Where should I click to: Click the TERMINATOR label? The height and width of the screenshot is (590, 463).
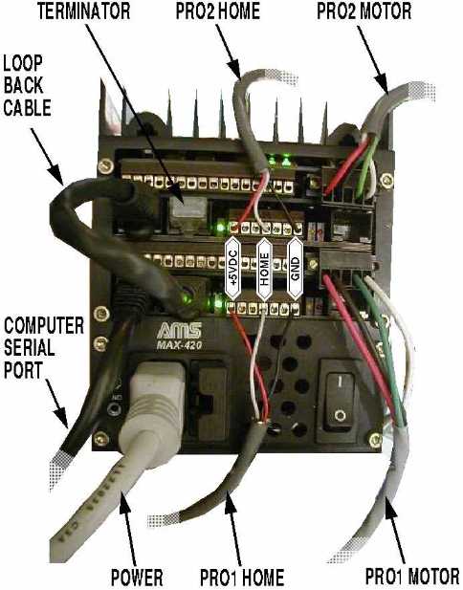[x=83, y=11]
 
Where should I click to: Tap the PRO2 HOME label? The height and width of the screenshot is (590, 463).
[x=218, y=11]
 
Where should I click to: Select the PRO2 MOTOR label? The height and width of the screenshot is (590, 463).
[x=364, y=11]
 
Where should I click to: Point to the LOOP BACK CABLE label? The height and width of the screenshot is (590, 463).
[x=27, y=86]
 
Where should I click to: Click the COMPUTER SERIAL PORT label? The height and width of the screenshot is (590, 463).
[x=44, y=348]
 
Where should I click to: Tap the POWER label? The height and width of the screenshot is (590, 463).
[x=137, y=578]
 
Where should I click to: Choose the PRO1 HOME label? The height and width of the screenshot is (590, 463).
[x=242, y=578]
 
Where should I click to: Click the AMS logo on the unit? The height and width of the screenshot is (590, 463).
[x=179, y=330]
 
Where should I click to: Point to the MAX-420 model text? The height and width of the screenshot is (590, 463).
[x=179, y=345]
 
